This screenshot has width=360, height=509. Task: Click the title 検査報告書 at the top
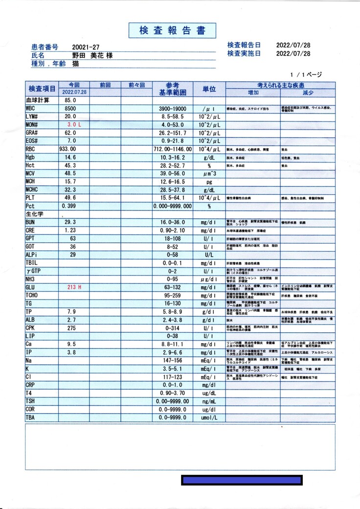tap(172, 30)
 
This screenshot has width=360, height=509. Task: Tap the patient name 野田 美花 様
tap(92, 56)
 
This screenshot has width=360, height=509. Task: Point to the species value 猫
tap(76, 64)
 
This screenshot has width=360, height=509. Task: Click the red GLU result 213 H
tap(74, 287)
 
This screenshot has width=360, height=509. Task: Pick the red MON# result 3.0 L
tap(74, 125)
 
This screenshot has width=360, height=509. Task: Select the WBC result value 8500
tap(70, 108)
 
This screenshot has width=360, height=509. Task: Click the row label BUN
tap(30, 222)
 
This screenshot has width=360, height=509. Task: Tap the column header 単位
tap(209, 89)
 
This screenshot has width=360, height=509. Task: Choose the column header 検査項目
tap(42, 89)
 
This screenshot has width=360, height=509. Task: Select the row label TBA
tap(30, 417)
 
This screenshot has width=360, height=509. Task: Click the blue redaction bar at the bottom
tap(242, 480)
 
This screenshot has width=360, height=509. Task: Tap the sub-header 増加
tap(253, 93)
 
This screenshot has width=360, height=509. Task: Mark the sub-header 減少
tap(308, 93)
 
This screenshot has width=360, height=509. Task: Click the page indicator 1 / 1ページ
tap(306, 75)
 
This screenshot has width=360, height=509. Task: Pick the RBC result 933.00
tap(67, 149)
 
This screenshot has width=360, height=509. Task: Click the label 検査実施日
tap(244, 53)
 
